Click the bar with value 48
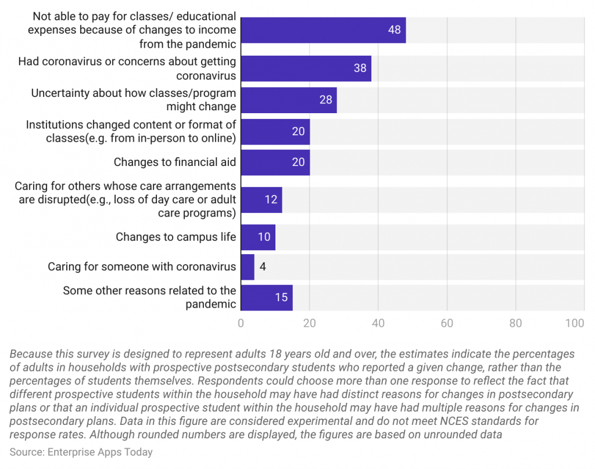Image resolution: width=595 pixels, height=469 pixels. pyautogui.click(x=323, y=30)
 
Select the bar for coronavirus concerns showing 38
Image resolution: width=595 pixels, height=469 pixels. pyautogui.click(x=306, y=68)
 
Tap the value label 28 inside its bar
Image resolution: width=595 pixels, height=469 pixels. pyautogui.click(x=325, y=100)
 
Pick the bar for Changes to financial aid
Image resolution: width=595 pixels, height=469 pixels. pyautogui.click(x=275, y=163)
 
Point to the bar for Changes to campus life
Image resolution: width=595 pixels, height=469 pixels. pyautogui.click(x=258, y=237)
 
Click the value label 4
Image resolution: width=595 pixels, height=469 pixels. pyautogui.click(x=263, y=267)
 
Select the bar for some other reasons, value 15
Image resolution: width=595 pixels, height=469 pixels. pyautogui.click(x=267, y=297)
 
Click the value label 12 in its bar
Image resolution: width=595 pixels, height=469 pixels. pyautogui.click(x=271, y=200)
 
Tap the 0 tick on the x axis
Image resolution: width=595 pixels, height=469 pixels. pyautogui.click(x=241, y=323)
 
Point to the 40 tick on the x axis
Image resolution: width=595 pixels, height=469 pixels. pyautogui.click(x=378, y=323)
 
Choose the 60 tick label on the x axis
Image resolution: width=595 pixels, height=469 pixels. pyautogui.click(x=447, y=323)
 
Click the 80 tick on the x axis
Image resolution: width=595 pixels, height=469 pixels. pyautogui.click(x=515, y=323)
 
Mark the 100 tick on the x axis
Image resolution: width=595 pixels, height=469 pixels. pyautogui.click(x=575, y=323)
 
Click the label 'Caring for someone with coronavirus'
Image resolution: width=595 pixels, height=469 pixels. pyautogui.click(x=142, y=267)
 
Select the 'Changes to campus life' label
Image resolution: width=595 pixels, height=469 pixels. pyautogui.click(x=175, y=237)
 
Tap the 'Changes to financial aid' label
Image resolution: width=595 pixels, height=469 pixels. pyautogui.click(x=174, y=163)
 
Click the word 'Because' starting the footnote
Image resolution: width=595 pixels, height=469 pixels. pyautogui.click(x=29, y=354)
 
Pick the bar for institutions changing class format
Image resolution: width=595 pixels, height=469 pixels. pyautogui.click(x=275, y=132)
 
